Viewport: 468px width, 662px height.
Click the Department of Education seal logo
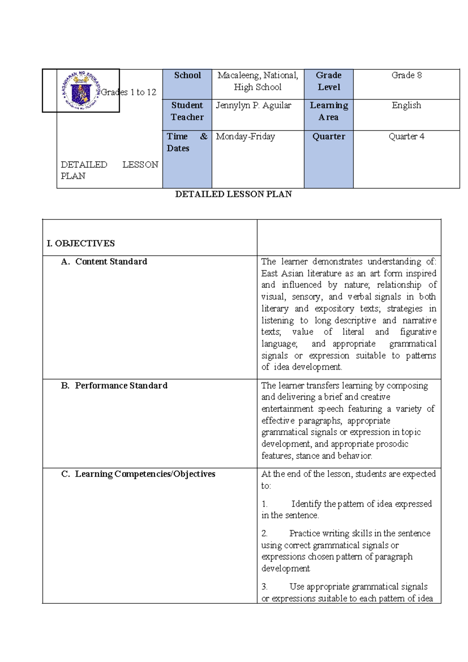tap(81, 90)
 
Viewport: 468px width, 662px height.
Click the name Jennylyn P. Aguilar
tap(253, 105)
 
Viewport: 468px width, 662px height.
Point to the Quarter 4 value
tap(406, 137)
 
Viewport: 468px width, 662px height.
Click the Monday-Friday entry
tap(245, 137)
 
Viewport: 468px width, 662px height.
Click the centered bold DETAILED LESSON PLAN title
tap(233, 194)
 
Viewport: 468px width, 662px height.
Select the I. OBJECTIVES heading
tap(81, 244)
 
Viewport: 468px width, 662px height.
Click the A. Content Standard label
tap(104, 262)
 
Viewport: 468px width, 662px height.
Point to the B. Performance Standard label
tap(114, 386)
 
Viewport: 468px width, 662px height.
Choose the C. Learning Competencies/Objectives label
tap(138, 474)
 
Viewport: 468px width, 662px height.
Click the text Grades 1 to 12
tap(129, 92)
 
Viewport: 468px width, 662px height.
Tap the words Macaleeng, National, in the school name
tap(258, 75)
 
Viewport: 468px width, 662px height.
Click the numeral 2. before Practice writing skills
tap(264, 534)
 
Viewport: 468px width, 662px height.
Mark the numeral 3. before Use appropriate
tap(264, 587)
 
